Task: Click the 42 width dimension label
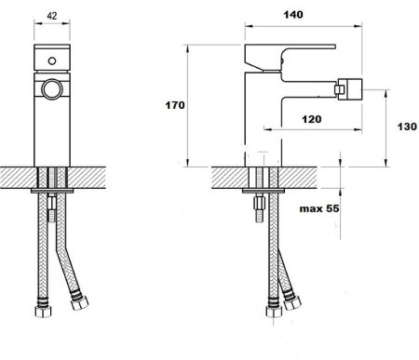[52, 16]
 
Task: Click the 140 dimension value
[293, 15]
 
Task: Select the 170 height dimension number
[175, 105]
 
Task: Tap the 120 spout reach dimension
[312, 119]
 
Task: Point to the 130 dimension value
[407, 127]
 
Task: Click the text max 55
[319, 208]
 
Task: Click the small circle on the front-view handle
[52, 60]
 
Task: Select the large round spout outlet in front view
[52, 89]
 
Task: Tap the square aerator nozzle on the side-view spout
[350, 89]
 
